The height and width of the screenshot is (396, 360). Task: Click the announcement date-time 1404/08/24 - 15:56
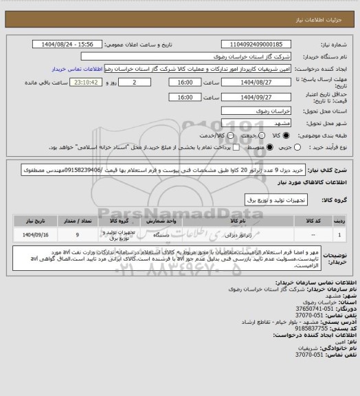[x=77, y=44]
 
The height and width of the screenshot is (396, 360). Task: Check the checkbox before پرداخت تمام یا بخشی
[x=237, y=147]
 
